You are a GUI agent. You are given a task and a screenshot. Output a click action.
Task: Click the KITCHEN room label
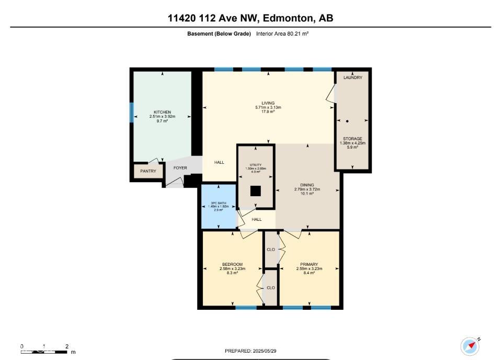[162, 112]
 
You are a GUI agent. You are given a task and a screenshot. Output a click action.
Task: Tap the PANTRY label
[148, 171]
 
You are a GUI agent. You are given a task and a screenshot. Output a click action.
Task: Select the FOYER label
[180, 168]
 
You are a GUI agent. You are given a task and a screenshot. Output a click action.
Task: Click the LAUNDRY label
[353, 77]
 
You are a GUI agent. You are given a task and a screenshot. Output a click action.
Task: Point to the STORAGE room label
[352, 139]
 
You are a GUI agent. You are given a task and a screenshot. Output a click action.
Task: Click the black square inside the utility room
[255, 191]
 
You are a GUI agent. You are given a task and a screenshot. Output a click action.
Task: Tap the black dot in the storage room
[347, 121]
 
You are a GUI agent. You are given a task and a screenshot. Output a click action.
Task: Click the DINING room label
[307, 185]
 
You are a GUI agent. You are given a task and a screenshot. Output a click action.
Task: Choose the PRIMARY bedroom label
[309, 264]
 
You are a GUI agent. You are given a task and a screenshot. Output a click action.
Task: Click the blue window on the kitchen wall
[132, 113]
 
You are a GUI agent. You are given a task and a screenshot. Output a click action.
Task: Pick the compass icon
[469, 346]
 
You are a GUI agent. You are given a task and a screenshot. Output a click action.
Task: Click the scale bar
[44, 351]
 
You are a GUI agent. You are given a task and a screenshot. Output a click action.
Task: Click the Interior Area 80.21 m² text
[282, 33]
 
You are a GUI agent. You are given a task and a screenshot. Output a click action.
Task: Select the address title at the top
[250, 18]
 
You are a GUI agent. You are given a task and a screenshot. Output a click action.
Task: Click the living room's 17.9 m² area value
[268, 111]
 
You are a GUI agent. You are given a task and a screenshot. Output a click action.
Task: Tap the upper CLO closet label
[271, 250]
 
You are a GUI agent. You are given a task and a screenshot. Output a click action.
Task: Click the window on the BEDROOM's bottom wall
[246, 308]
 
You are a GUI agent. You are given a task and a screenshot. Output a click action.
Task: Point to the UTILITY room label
[256, 165]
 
